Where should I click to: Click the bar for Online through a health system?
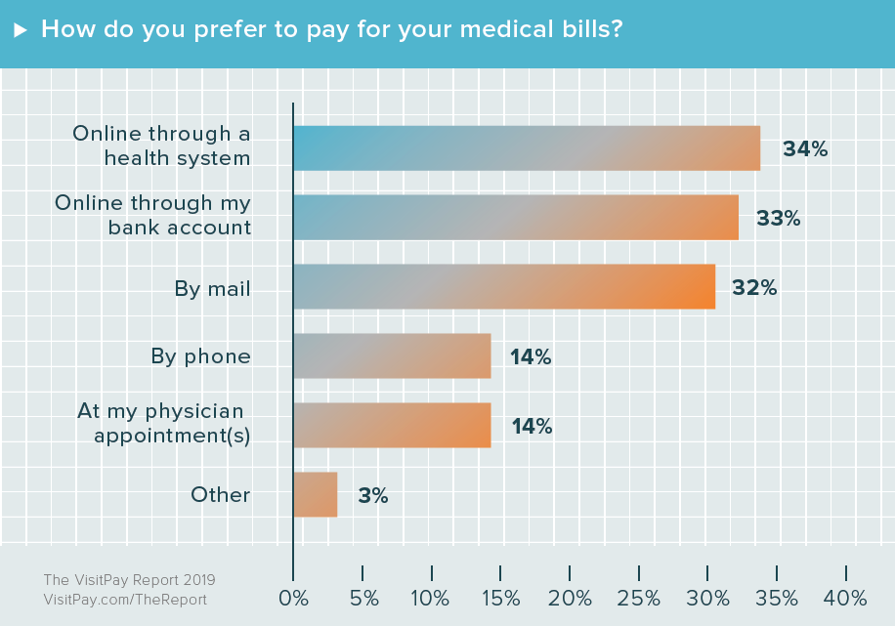pyautogui.click(x=527, y=148)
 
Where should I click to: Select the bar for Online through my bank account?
pyautogui.click(x=516, y=218)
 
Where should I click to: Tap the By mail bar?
pyautogui.click(x=504, y=287)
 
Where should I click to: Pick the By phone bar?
pyautogui.click(x=392, y=356)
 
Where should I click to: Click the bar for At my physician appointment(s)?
pyautogui.click(x=392, y=426)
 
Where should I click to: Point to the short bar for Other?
pyautogui.click(x=316, y=495)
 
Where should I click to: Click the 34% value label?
pyautogui.click(x=805, y=149)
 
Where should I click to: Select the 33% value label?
pyautogui.click(x=778, y=219)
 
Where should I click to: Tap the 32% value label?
pyautogui.click(x=754, y=288)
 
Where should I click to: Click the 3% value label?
pyautogui.click(x=372, y=496)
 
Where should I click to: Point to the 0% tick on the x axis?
pyautogui.click(x=293, y=597)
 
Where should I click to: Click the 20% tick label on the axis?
pyautogui.click(x=570, y=597)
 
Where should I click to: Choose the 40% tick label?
pyautogui.click(x=846, y=597)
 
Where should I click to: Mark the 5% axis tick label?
pyautogui.click(x=362, y=597)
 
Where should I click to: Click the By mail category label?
pyautogui.click(x=212, y=288)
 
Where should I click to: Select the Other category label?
pyautogui.click(x=221, y=495)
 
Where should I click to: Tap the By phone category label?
pyautogui.click(x=200, y=356)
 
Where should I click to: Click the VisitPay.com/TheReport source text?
pyautogui.click(x=125, y=600)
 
